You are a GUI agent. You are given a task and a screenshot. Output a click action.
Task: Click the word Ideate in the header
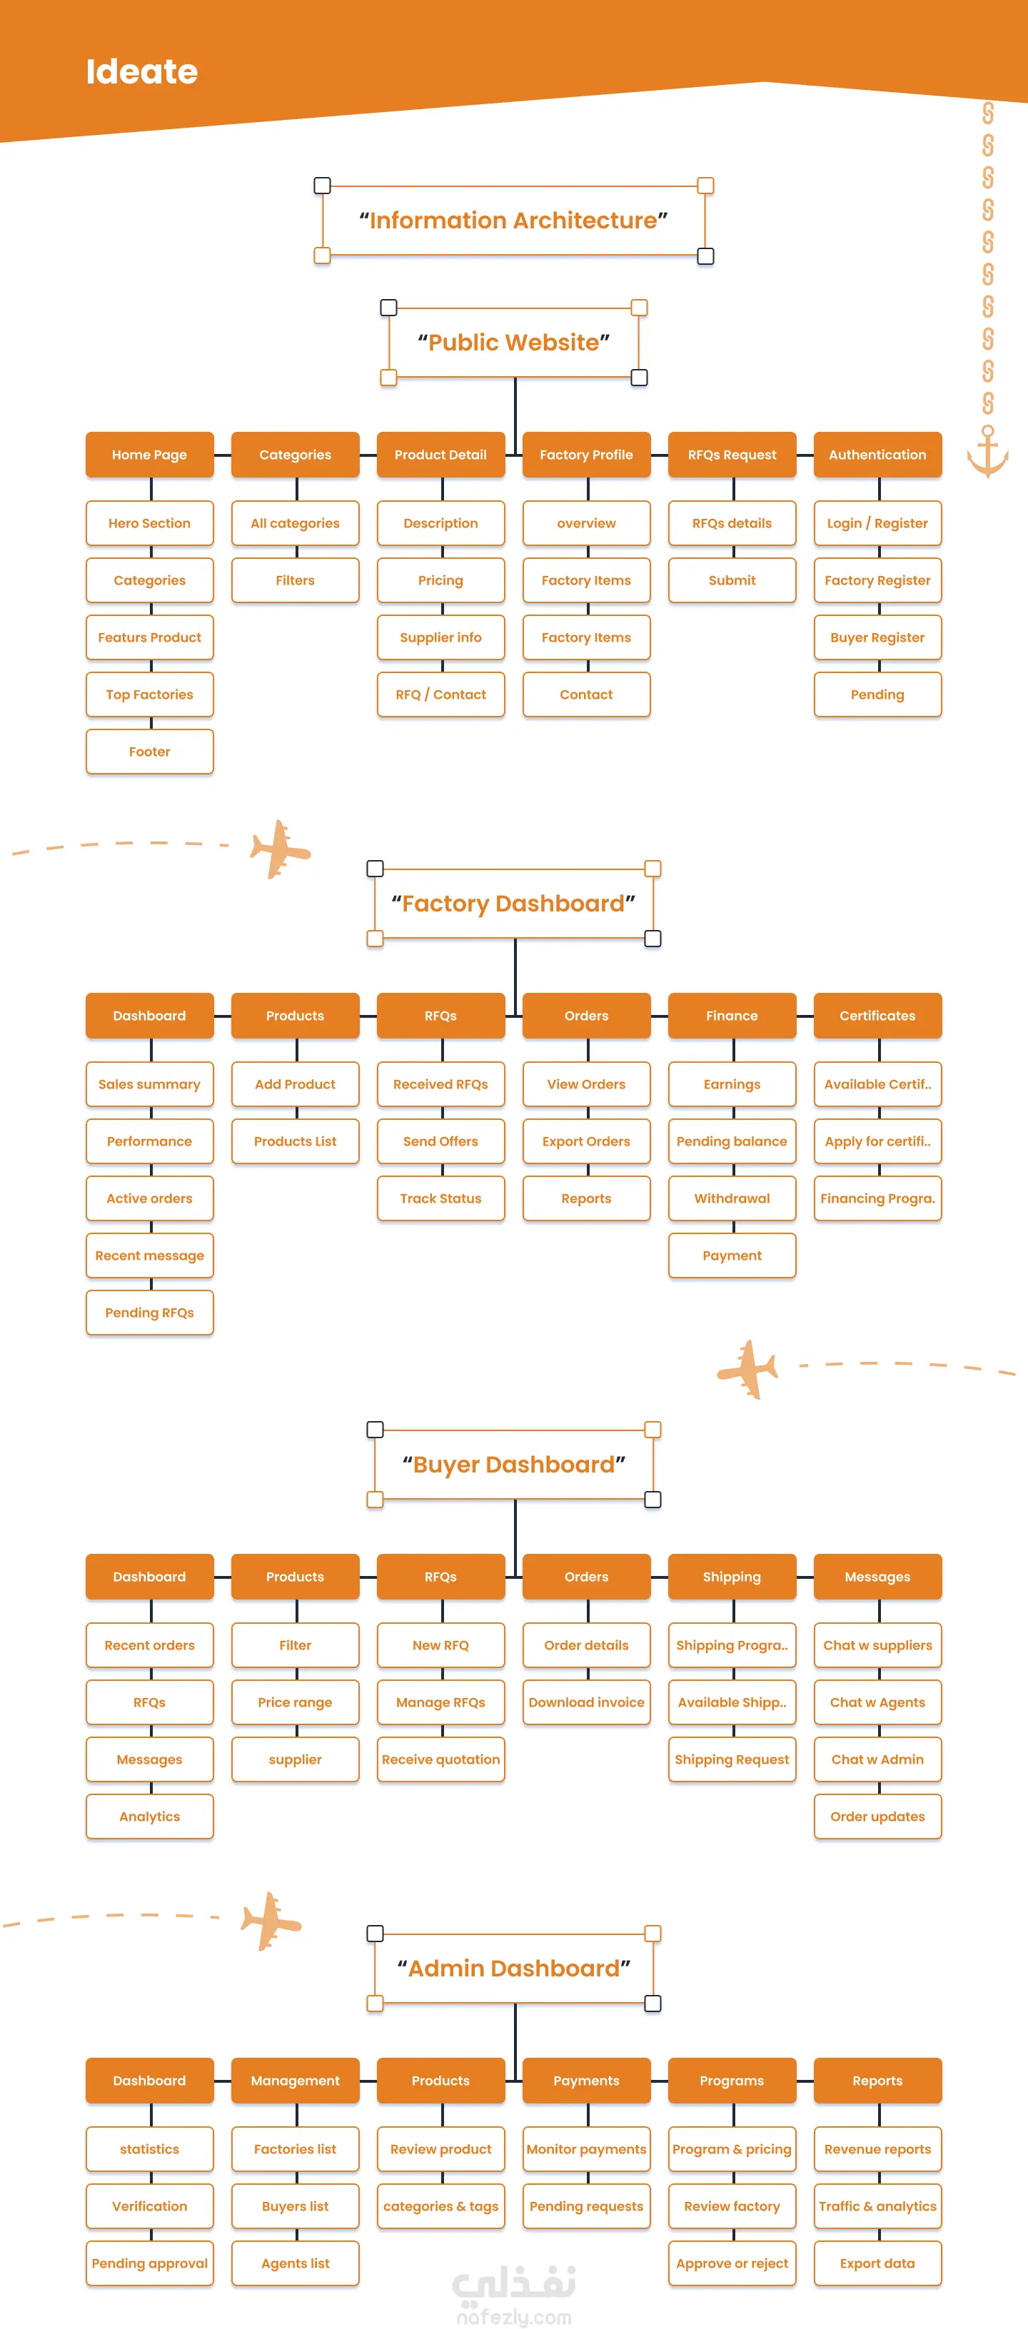point(142,71)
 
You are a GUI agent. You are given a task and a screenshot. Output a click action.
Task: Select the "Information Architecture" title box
point(513,221)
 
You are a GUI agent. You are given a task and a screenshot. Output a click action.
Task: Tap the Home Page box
point(150,455)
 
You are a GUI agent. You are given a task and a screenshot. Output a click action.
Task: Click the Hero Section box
point(150,523)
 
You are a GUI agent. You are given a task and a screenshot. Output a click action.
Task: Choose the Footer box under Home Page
point(150,752)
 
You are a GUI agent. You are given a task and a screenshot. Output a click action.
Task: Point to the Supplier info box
point(441,637)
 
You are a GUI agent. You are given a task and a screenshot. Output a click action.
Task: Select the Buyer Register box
point(878,637)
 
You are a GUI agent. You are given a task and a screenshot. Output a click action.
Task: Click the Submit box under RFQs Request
point(732,580)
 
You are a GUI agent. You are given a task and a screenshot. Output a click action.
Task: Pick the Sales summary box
point(150,1084)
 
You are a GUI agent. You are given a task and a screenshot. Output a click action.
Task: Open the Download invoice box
point(587,1702)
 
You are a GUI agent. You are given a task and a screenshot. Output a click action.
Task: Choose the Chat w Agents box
point(878,1702)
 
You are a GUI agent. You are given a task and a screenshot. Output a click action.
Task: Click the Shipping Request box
point(732,1759)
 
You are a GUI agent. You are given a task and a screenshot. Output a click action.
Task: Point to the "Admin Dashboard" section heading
point(513,1969)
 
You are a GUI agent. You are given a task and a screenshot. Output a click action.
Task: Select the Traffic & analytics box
point(878,2206)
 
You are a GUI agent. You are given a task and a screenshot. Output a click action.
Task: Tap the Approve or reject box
point(732,2263)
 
